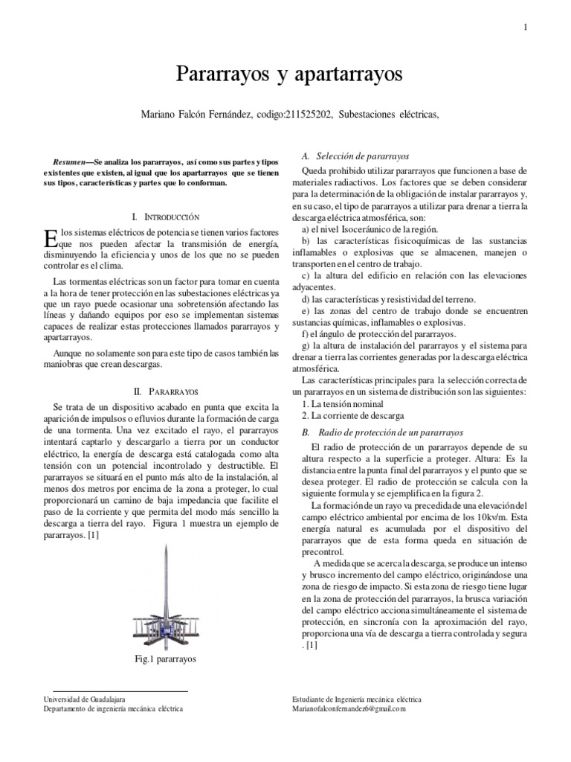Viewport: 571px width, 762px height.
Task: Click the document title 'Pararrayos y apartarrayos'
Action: pos(288,74)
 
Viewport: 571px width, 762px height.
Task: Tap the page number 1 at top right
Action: pos(526,27)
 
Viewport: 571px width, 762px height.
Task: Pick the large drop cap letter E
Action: pos(51,238)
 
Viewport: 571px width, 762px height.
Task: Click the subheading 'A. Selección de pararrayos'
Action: pos(355,157)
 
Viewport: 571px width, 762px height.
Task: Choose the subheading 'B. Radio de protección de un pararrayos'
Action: pos(382,432)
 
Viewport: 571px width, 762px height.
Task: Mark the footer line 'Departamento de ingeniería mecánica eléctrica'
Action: pos(114,709)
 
